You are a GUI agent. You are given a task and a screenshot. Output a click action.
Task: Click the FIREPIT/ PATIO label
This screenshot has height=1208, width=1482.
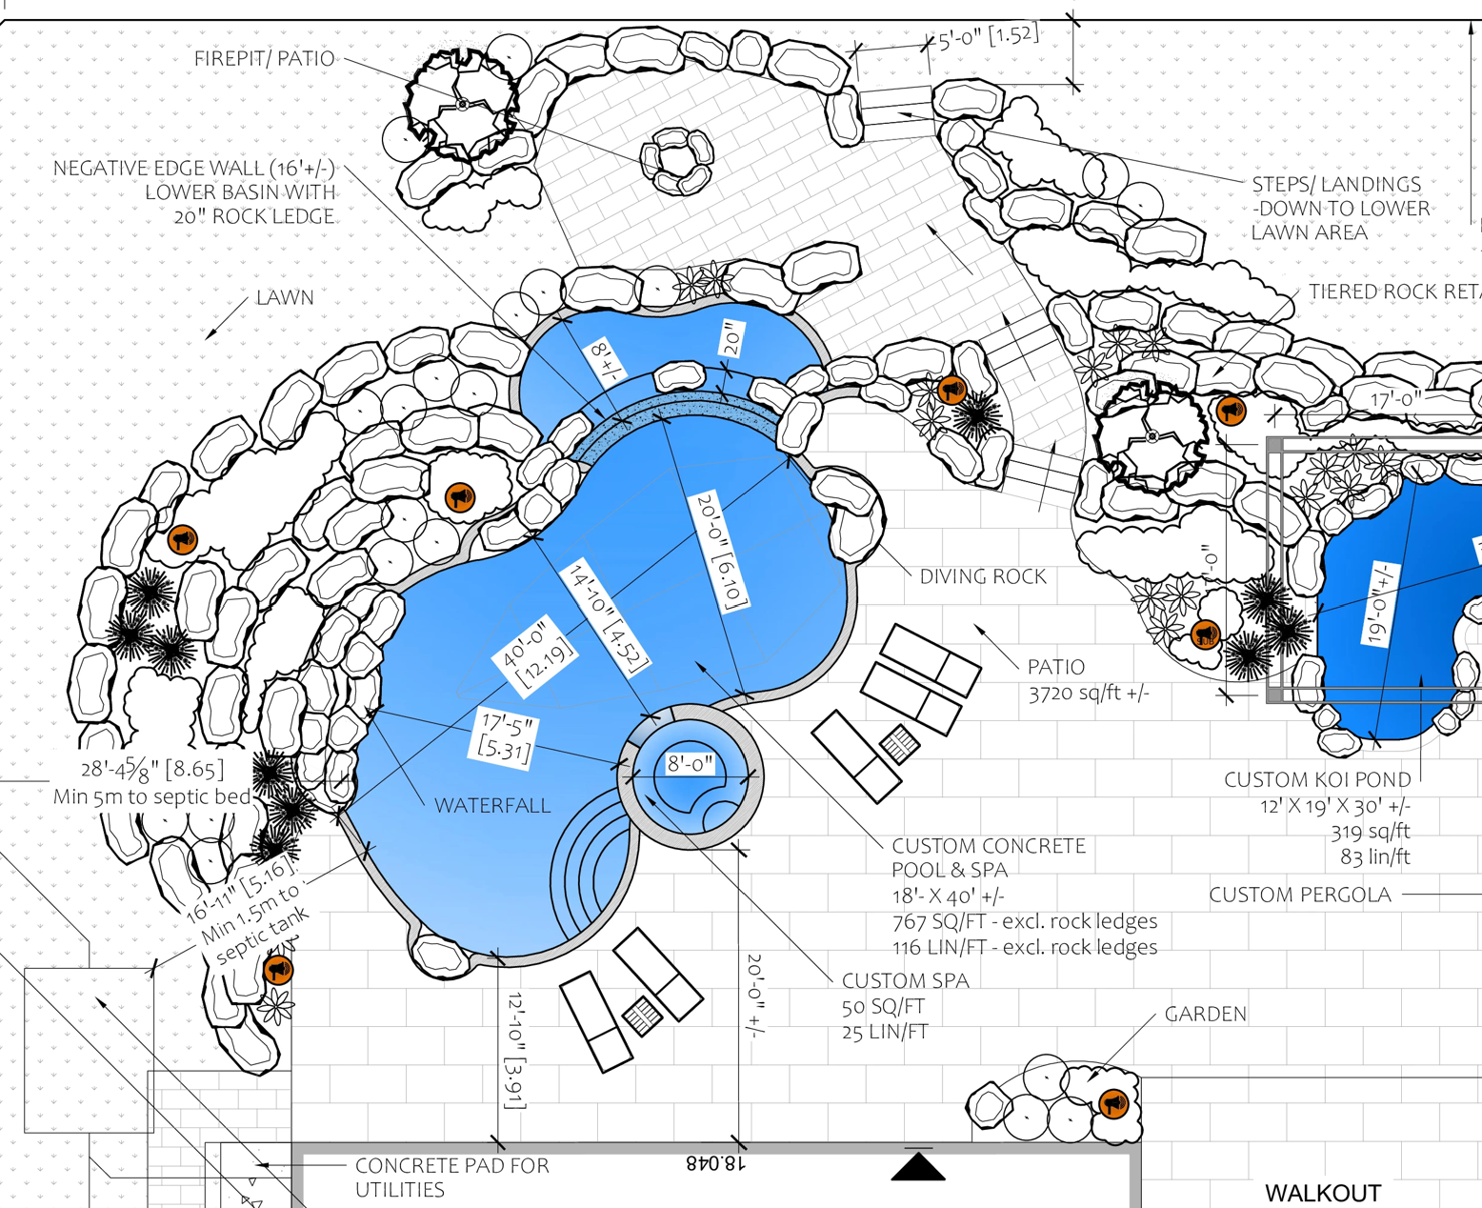(264, 59)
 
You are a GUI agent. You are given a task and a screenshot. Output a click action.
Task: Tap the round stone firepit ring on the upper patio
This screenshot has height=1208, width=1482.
(677, 157)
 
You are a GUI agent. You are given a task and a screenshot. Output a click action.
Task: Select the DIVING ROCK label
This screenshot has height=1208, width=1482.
(982, 576)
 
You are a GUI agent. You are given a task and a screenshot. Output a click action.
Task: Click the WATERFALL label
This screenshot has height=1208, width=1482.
(491, 805)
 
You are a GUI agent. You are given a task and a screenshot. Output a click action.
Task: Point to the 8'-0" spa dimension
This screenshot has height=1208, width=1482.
(690, 764)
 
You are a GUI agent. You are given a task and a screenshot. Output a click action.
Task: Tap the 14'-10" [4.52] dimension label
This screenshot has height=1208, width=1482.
(607, 618)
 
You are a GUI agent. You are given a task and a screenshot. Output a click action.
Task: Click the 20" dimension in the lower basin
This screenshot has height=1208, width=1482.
(732, 339)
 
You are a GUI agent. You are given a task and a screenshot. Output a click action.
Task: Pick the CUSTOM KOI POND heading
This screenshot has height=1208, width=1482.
(1317, 780)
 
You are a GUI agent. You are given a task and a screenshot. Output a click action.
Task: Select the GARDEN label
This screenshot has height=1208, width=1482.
(1205, 1014)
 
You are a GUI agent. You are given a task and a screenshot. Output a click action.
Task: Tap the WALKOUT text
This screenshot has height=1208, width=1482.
(1322, 1193)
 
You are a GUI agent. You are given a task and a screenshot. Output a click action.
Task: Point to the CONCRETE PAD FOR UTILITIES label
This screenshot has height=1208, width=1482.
(451, 1178)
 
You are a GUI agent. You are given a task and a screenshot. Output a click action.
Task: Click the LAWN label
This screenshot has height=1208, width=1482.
(284, 298)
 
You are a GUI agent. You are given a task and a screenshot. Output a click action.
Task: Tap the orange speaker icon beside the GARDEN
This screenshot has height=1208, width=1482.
(1113, 1103)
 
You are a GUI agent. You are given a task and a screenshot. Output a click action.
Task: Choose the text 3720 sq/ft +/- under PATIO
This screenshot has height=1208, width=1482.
(1088, 693)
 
